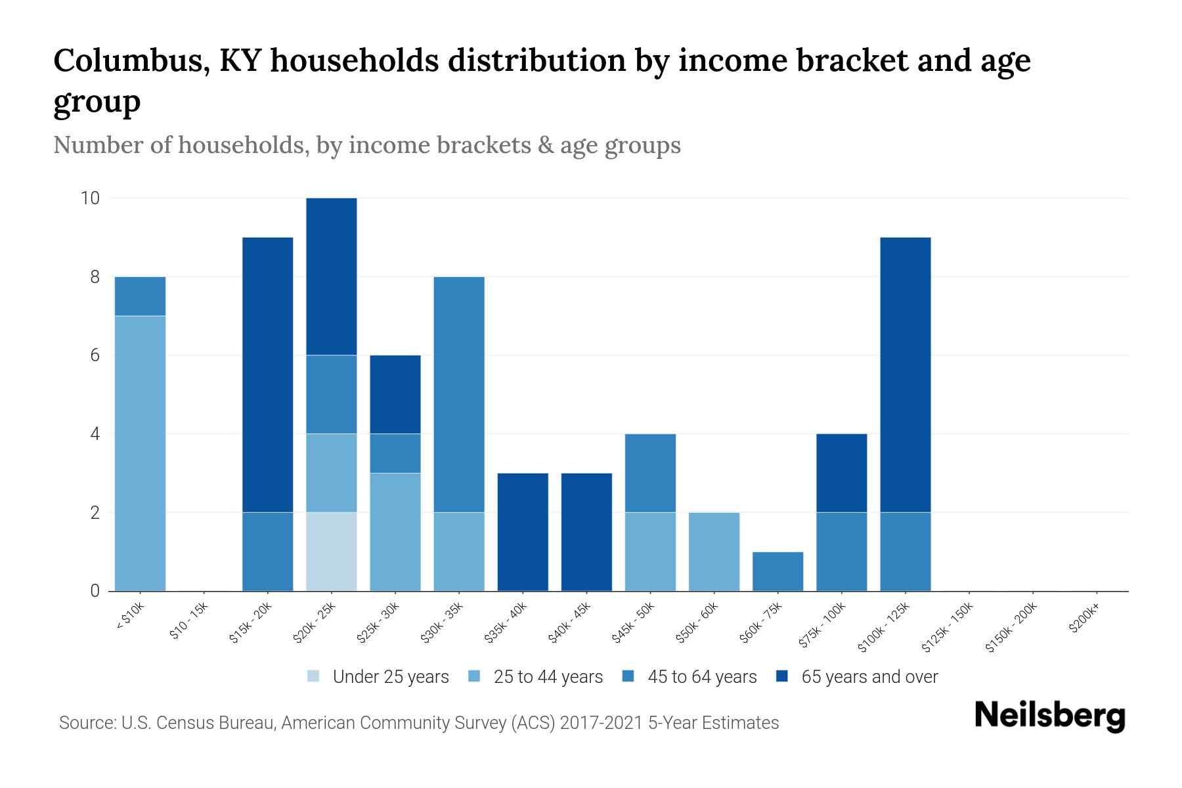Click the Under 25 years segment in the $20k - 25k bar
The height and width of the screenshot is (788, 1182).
332,551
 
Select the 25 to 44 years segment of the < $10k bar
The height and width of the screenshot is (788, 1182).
140,453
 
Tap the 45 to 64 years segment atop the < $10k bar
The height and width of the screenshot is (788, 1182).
140,296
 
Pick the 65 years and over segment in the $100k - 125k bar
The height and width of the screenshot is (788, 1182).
905,374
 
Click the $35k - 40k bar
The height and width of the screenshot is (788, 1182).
523,531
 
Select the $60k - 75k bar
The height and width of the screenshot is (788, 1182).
777,571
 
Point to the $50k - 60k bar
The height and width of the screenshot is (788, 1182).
714,551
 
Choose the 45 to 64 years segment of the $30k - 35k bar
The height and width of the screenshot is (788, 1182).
459,394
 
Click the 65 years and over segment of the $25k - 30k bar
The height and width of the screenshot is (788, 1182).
395,394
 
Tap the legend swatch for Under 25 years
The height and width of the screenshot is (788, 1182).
314,676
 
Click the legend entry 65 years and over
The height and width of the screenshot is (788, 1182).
869,676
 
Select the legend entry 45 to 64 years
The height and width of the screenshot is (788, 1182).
701,676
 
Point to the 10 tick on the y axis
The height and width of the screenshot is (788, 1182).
89,198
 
